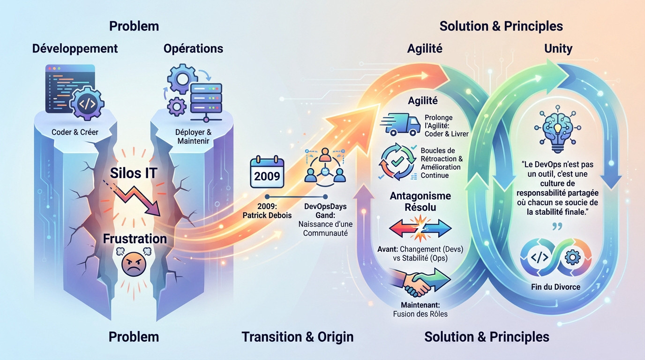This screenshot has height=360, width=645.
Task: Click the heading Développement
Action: tap(75, 48)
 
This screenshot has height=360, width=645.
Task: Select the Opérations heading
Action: tap(193, 48)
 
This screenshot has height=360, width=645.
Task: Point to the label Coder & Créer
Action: tap(75, 132)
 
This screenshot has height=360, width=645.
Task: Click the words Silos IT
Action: tap(133, 173)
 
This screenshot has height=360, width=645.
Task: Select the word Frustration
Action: tap(135, 239)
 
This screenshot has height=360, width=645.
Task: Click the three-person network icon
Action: tap(325, 167)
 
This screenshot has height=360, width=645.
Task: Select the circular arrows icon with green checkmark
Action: tap(397, 162)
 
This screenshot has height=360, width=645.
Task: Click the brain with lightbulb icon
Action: tap(557, 132)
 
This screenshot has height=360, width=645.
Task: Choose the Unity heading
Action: tap(558, 48)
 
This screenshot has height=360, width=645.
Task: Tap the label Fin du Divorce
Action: tap(556, 286)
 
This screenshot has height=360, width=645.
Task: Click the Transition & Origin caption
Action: tap(298, 337)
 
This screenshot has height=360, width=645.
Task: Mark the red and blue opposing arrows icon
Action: tap(420, 229)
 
